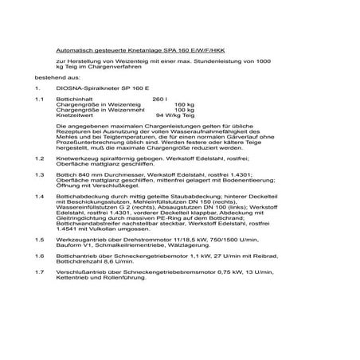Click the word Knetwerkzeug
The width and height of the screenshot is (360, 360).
pos(77,159)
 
